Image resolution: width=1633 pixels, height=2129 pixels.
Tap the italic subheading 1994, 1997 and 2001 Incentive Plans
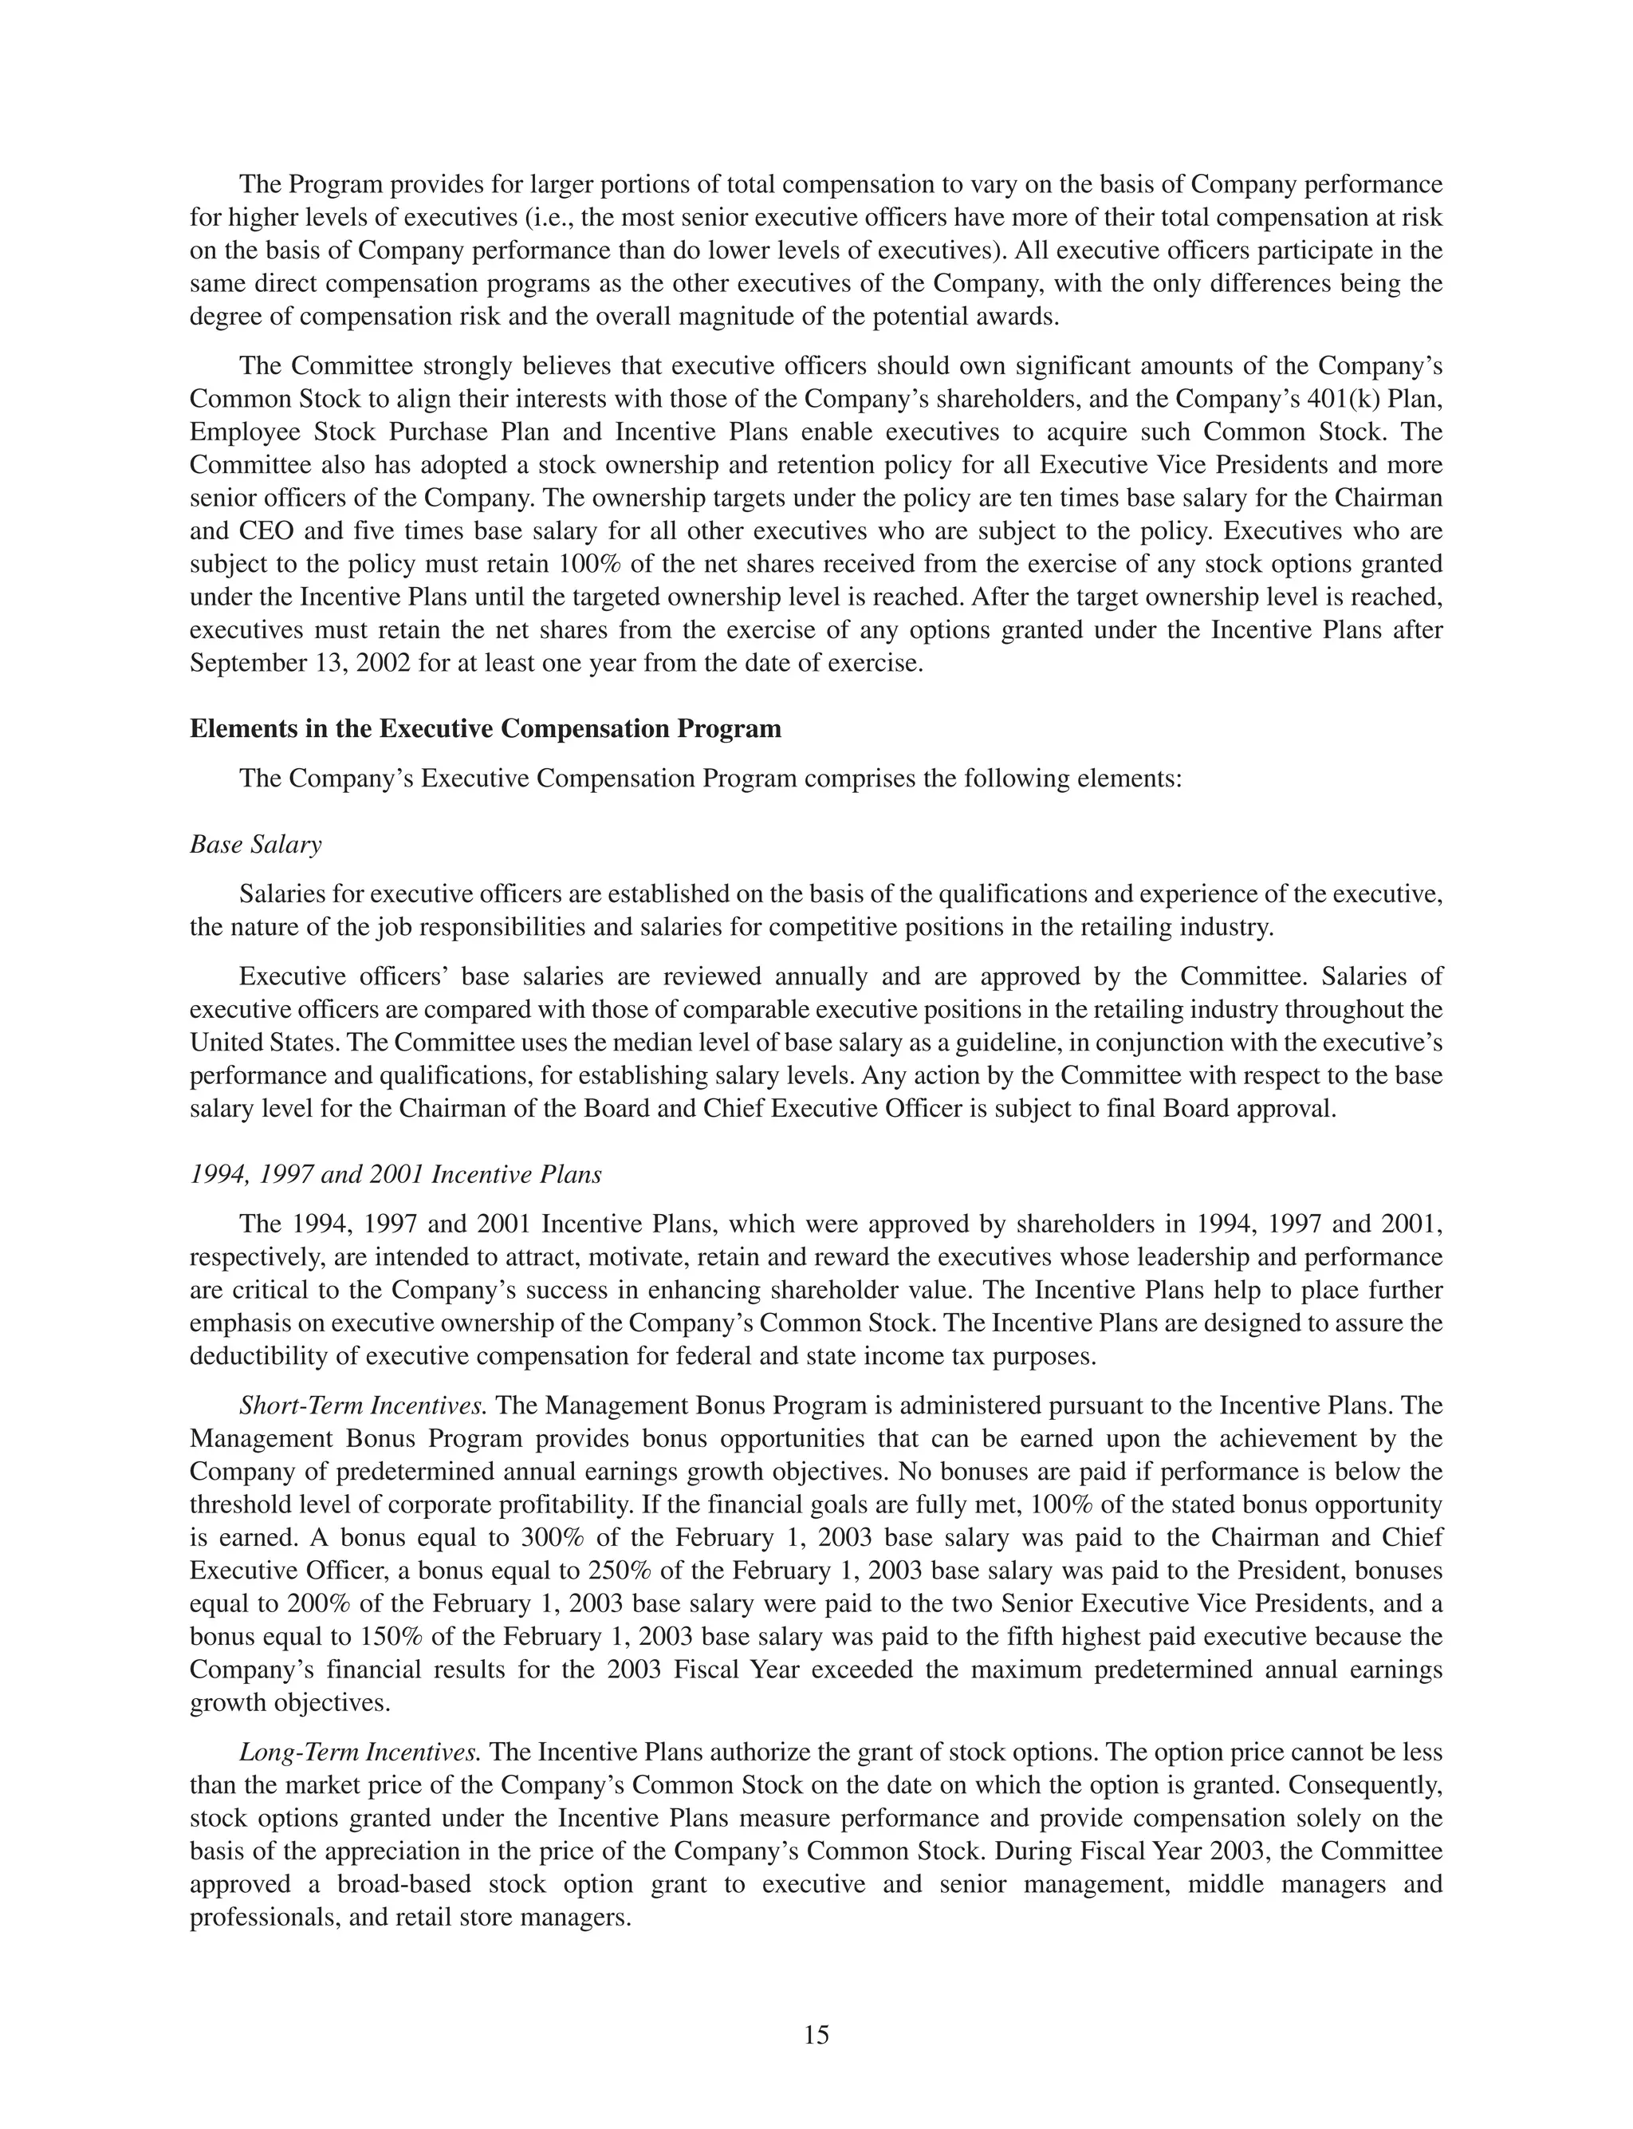pos(395,1174)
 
